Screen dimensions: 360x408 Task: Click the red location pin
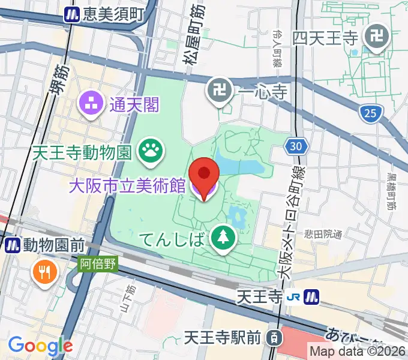point(204,175)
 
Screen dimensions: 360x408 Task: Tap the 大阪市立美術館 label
point(127,186)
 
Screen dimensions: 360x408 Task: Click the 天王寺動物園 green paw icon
point(149,151)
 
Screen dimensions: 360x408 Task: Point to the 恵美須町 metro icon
point(73,14)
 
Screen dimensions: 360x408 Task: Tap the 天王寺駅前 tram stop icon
point(273,338)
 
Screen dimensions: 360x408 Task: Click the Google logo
point(40,346)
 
